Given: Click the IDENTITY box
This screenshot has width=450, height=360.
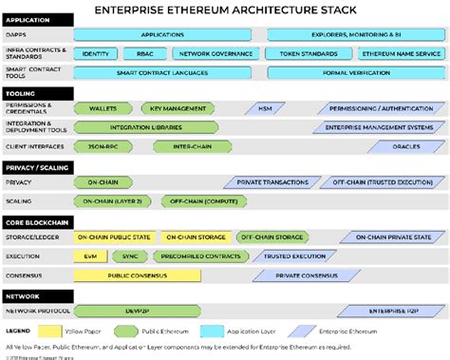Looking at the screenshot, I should (x=95, y=55).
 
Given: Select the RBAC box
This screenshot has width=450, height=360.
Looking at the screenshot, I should (x=143, y=55).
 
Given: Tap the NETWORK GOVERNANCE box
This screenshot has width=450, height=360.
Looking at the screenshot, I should (x=209, y=55).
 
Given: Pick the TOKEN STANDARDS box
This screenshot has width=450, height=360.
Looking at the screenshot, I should (x=303, y=55).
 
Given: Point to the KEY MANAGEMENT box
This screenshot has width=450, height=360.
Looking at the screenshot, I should (x=178, y=108).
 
